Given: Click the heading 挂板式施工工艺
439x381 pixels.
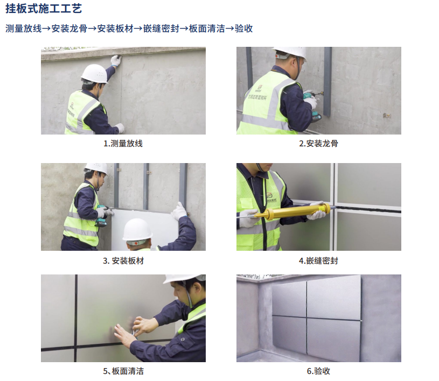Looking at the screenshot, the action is [x=44, y=9].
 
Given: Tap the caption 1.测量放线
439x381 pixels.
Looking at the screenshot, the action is [x=123, y=144].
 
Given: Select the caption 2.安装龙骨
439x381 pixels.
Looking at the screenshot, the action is [x=318, y=144].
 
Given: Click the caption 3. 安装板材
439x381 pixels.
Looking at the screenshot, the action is [x=123, y=260].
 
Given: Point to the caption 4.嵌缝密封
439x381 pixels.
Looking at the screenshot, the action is [x=318, y=260].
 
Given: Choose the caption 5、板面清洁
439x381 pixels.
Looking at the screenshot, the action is [x=123, y=371].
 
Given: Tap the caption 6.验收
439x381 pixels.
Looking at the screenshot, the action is [x=318, y=371].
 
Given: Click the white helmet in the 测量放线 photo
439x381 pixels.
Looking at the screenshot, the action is [x=95, y=74].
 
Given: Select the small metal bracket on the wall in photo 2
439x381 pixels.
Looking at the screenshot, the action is [x=387, y=115].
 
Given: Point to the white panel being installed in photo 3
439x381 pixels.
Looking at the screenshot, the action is [x=145, y=229].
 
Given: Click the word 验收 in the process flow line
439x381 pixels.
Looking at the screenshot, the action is [x=243, y=29].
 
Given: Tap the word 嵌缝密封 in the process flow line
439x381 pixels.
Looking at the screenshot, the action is [x=161, y=29].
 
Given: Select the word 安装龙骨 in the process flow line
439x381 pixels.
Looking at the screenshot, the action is [x=69, y=29].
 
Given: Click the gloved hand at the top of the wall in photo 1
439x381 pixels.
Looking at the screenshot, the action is [x=115, y=60].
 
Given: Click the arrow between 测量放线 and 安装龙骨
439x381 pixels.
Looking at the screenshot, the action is [x=46, y=29].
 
